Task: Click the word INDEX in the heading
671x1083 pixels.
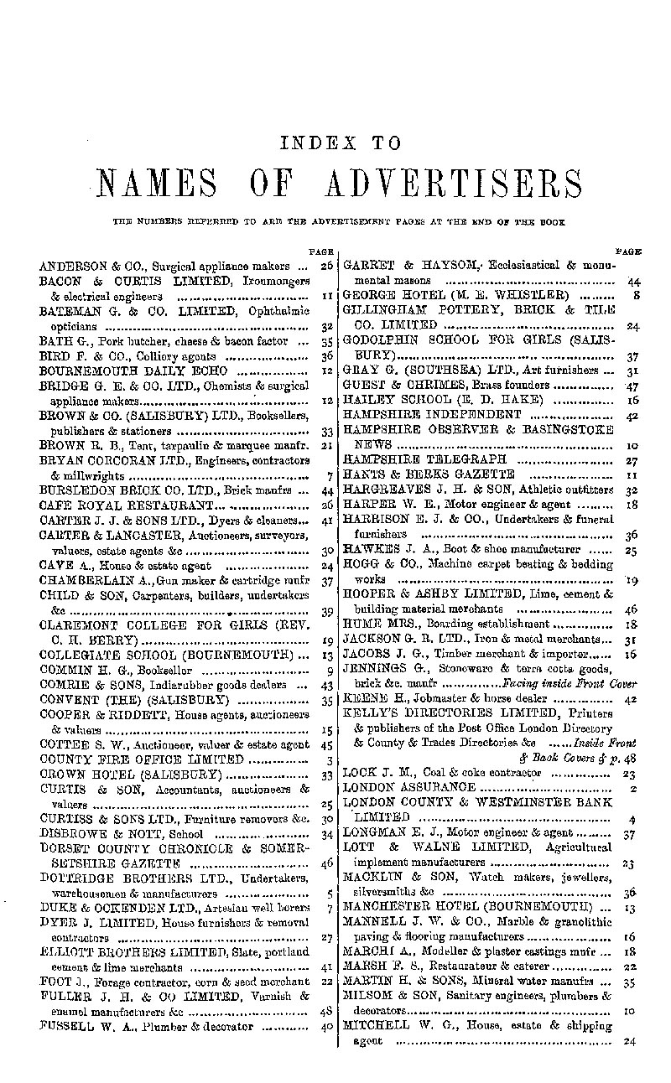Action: (x=315, y=143)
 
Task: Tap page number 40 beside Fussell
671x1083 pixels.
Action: (x=328, y=1025)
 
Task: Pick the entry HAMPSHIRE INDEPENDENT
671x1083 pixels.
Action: (x=432, y=415)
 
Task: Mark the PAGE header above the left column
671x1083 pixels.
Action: (x=323, y=251)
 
